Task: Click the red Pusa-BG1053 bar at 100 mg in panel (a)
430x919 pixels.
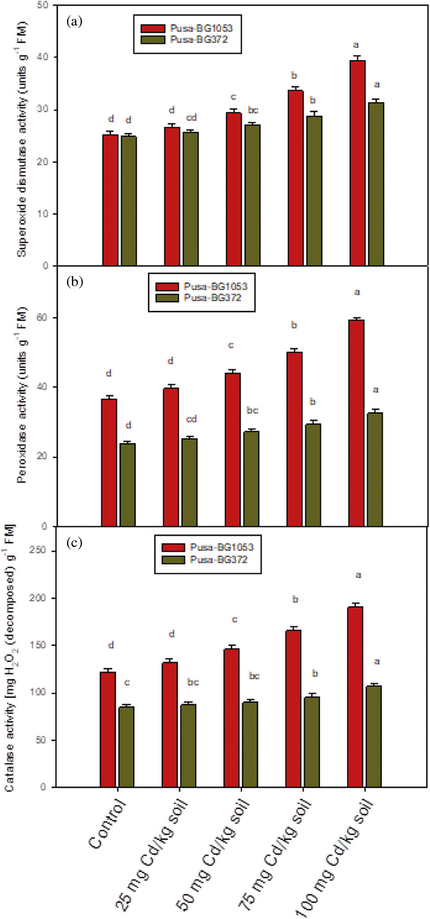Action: (x=357, y=163)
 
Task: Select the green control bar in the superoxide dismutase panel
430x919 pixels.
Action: (x=129, y=201)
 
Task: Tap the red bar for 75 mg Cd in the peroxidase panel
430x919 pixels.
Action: (x=294, y=439)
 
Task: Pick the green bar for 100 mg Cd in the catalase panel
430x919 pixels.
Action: (x=374, y=736)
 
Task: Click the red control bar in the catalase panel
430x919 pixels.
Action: (x=108, y=729)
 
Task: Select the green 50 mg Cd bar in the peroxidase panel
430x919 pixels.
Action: (x=251, y=478)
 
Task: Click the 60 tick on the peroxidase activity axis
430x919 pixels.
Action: (x=42, y=318)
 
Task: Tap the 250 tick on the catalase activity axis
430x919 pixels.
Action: (x=37, y=551)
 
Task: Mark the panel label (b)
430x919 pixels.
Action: (x=75, y=281)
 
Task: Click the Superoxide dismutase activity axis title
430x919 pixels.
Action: (x=21, y=139)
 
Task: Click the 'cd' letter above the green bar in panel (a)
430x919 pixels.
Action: (x=191, y=118)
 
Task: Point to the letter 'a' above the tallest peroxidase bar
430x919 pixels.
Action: (x=357, y=292)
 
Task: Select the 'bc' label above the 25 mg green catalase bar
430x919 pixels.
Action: (x=193, y=682)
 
